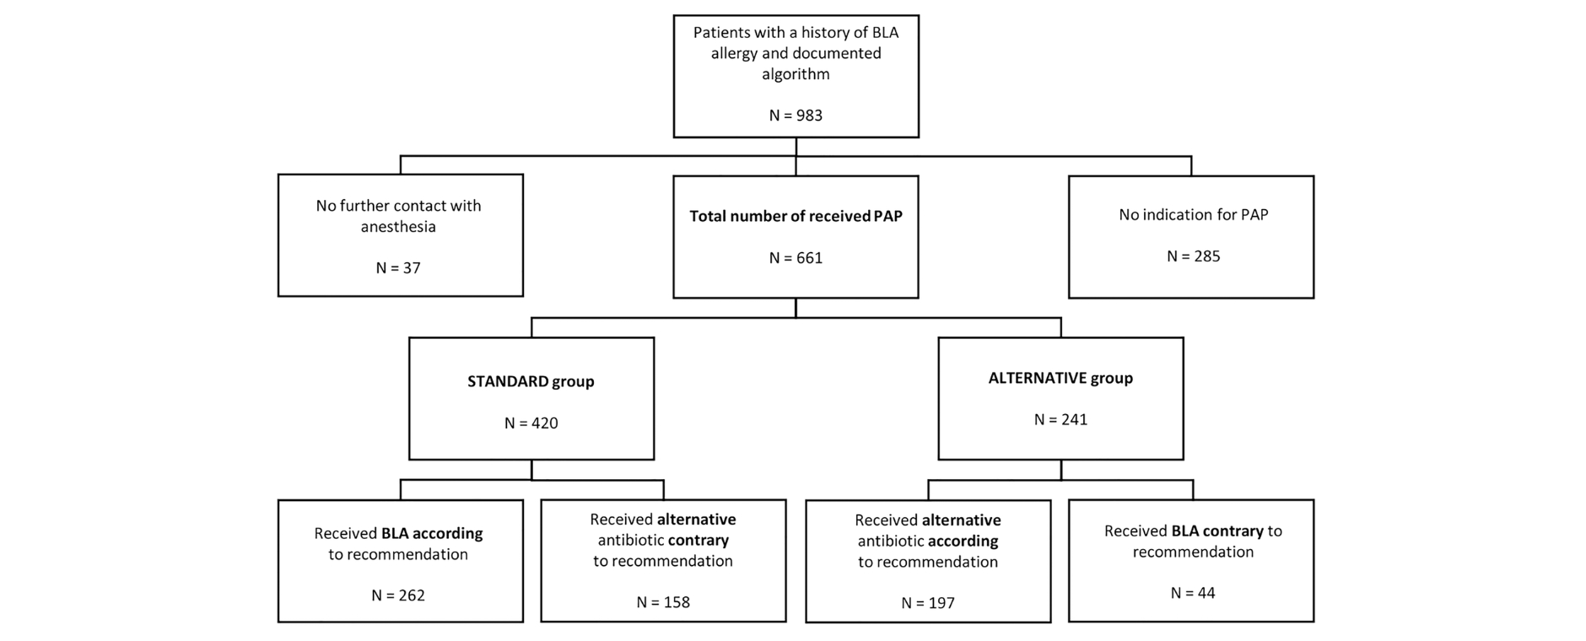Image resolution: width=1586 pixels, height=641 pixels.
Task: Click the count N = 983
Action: pyautogui.click(x=796, y=116)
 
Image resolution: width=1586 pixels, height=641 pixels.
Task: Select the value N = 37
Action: pyautogui.click(x=398, y=268)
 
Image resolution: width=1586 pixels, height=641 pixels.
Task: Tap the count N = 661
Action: pyautogui.click(x=796, y=258)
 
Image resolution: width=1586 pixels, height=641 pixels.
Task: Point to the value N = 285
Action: pyautogui.click(x=1193, y=256)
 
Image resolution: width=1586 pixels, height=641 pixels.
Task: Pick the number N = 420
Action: pyautogui.click(x=531, y=423)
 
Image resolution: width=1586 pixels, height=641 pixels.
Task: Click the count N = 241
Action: pyautogui.click(x=1060, y=420)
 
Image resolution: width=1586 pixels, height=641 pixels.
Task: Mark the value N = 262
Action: pyautogui.click(x=398, y=595)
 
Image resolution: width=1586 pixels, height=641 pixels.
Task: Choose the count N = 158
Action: pyautogui.click(x=663, y=602)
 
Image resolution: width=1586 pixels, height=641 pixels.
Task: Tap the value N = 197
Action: pyautogui.click(x=928, y=603)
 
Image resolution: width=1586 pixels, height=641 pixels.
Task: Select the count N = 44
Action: pyautogui.click(x=1193, y=593)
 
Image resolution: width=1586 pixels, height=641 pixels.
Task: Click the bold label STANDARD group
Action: pyautogui.click(x=531, y=381)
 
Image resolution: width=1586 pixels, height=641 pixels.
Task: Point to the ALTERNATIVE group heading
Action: pyautogui.click(x=1060, y=378)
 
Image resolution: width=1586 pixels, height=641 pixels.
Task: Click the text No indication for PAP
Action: pyautogui.click(x=1193, y=214)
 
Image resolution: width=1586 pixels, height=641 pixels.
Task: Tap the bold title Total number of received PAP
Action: pyautogui.click(x=796, y=216)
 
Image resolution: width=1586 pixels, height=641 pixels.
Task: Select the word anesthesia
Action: pyautogui.click(x=398, y=226)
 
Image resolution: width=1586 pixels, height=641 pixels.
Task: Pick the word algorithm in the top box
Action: pyautogui.click(x=796, y=74)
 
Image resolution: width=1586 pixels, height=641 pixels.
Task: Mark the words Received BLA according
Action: pyautogui.click(x=398, y=534)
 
